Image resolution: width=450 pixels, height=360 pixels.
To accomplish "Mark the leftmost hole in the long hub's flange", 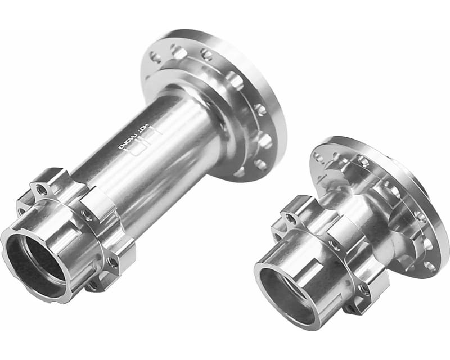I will pyautogui.click(x=156, y=56).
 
